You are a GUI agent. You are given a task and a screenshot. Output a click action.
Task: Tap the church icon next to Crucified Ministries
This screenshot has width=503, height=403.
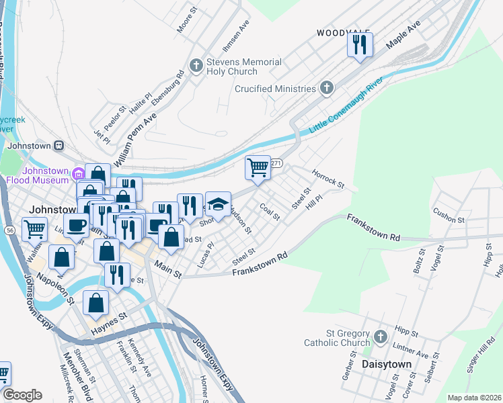(326, 88)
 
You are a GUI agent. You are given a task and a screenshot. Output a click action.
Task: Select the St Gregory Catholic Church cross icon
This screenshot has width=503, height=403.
(380, 337)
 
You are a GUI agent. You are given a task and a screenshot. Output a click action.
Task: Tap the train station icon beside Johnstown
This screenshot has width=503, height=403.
(59, 146)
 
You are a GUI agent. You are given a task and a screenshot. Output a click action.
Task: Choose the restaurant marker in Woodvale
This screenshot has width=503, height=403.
(360, 44)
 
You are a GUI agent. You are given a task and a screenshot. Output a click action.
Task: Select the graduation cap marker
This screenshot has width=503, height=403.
(218, 204)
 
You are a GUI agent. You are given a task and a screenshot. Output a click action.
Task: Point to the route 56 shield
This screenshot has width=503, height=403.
(9, 230)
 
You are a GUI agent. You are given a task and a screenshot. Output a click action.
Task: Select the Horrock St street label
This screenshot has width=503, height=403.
(327, 179)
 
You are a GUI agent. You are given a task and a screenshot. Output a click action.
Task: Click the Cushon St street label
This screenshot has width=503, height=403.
(449, 216)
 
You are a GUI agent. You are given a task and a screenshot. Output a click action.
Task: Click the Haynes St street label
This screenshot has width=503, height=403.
(109, 321)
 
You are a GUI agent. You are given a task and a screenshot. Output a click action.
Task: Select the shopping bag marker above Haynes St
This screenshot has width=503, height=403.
(96, 303)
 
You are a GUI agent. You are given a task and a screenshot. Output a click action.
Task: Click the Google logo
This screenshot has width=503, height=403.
(22, 395)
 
